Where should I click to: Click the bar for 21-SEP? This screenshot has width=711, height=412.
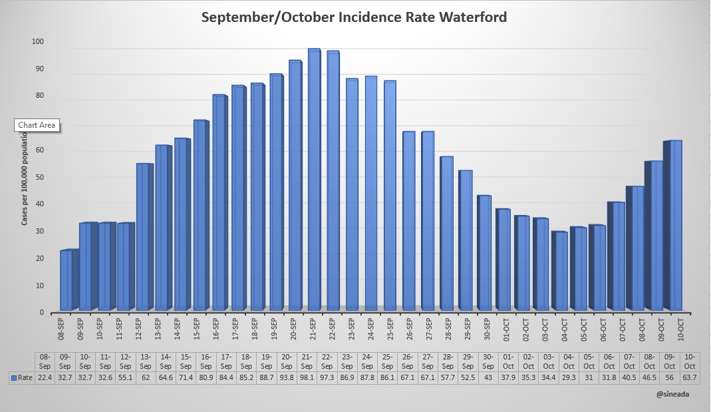pyautogui.click(x=314, y=180)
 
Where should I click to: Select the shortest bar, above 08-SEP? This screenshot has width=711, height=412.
pyautogui.click(x=67, y=280)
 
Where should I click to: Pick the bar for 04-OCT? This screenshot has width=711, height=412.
pyautogui.click(x=560, y=270)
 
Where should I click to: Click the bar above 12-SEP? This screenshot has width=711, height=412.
pyautogui.click(x=143, y=236)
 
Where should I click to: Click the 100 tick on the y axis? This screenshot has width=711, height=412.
pyautogui.click(x=37, y=42)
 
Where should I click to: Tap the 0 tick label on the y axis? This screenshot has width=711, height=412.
pyautogui.click(x=41, y=312)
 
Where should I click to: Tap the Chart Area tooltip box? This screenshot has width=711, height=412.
pyautogui.click(x=37, y=125)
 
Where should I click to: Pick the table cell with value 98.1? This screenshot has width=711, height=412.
pyautogui.click(x=307, y=378)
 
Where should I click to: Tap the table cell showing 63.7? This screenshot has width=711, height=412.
pyautogui.click(x=690, y=378)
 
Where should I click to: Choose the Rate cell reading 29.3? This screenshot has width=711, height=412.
pyautogui.click(x=569, y=378)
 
